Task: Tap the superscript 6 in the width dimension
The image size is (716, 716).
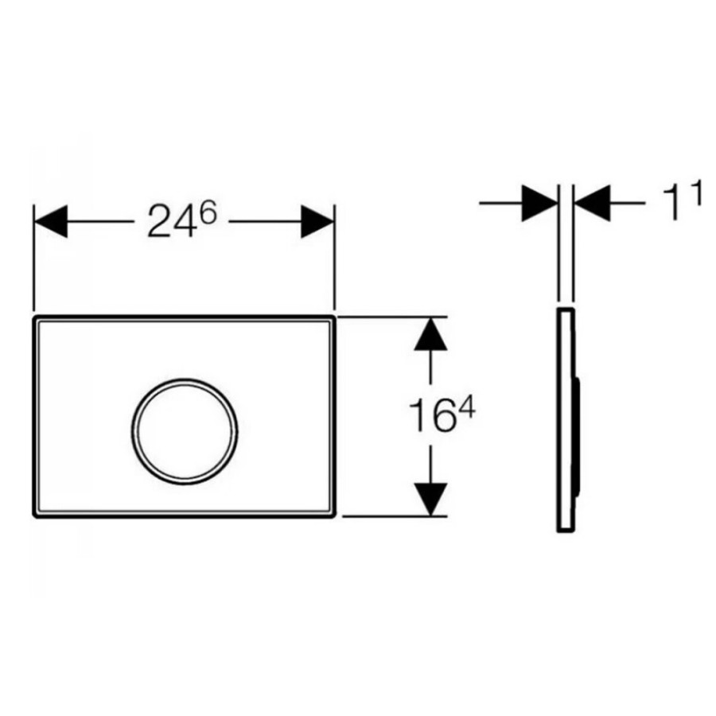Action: point(208,212)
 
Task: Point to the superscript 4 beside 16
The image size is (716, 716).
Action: point(467,407)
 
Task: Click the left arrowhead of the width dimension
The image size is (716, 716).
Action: point(51,221)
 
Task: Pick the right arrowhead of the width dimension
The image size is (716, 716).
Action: point(317,222)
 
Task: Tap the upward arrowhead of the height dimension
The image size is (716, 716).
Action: point(430,334)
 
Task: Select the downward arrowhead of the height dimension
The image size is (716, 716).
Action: point(430,500)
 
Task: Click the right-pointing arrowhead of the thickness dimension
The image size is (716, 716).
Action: point(539,203)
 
